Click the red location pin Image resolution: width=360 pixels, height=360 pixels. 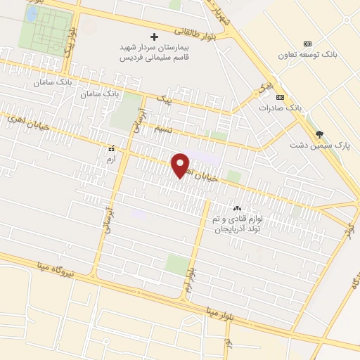click(181, 165)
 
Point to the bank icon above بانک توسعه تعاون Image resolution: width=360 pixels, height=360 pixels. click(307, 43)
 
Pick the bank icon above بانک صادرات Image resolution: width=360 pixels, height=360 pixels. click(280, 97)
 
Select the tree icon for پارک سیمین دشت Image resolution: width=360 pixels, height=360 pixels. click(320, 134)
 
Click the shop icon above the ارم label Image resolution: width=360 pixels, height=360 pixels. click(110, 149)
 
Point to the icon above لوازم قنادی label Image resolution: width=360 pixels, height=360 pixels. click(236, 208)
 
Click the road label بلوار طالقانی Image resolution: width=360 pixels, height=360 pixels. click(193, 32)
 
